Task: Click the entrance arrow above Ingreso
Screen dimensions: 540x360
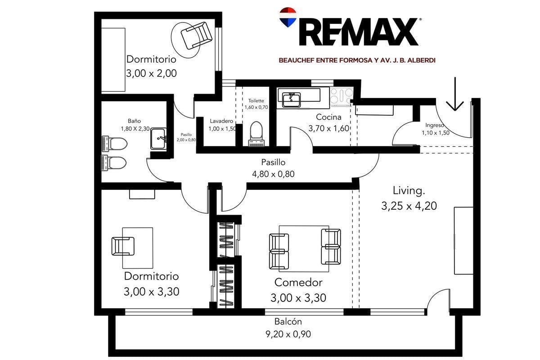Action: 455,94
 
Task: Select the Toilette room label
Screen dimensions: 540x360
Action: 256,100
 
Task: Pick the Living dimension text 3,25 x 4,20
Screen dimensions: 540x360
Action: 409,206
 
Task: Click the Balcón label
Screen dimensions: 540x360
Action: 288,321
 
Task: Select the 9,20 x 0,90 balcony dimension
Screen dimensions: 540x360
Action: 288,334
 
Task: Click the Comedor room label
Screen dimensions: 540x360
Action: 298,282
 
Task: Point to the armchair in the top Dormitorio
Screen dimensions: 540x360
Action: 197,36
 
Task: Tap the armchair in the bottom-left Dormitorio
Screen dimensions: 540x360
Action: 123,246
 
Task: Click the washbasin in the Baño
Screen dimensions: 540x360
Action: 158,139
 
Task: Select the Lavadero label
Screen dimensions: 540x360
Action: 221,121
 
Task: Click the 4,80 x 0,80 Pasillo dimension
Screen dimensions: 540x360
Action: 273,174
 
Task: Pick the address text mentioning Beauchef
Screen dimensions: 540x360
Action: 357,60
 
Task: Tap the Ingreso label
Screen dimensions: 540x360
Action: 435,125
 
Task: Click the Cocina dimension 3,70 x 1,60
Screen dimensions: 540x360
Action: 329,128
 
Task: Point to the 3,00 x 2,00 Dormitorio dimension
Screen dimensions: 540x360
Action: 151,73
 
